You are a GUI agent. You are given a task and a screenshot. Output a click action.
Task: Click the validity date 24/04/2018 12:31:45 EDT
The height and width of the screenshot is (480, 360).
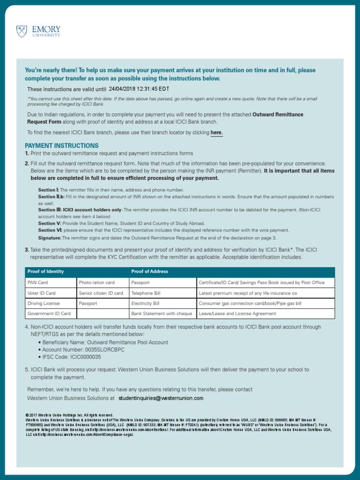click(x=139, y=89)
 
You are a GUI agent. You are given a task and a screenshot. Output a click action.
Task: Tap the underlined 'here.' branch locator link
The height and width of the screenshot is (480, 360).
click(x=217, y=133)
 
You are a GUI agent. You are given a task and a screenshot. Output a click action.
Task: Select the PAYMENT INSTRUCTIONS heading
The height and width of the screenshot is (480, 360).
click(x=61, y=146)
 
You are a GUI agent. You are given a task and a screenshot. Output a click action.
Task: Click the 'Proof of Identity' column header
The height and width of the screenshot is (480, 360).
click(x=45, y=271)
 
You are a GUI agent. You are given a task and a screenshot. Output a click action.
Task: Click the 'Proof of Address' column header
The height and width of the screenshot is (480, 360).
click(x=150, y=271)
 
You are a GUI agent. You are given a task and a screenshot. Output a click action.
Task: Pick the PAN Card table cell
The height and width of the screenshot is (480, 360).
click(x=37, y=283)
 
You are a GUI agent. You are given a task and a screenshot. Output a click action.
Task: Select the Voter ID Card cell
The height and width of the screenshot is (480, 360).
click(x=41, y=293)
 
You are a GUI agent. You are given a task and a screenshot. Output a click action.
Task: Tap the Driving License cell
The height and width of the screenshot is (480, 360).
click(x=44, y=303)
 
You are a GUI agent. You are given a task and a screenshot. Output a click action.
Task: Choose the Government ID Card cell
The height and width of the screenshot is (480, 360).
click(x=49, y=314)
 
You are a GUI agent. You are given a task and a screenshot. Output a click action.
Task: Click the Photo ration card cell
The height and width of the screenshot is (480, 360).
click(x=97, y=283)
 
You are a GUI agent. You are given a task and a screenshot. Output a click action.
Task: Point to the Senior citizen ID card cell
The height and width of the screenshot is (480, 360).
click(x=101, y=293)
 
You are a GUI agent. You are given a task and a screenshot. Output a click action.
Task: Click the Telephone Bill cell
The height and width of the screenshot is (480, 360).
click(x=146, y=293)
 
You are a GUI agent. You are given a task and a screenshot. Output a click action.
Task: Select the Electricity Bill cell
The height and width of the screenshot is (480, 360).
click(x=145, y=303)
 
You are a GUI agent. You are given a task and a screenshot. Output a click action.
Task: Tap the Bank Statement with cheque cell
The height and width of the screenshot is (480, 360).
click(x=162, y=314)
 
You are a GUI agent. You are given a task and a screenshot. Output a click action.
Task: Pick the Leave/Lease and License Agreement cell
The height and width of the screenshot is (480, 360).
click(x=237, y=314)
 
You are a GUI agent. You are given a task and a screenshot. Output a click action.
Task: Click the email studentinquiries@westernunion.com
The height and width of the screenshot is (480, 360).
click(x=161, y=398)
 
